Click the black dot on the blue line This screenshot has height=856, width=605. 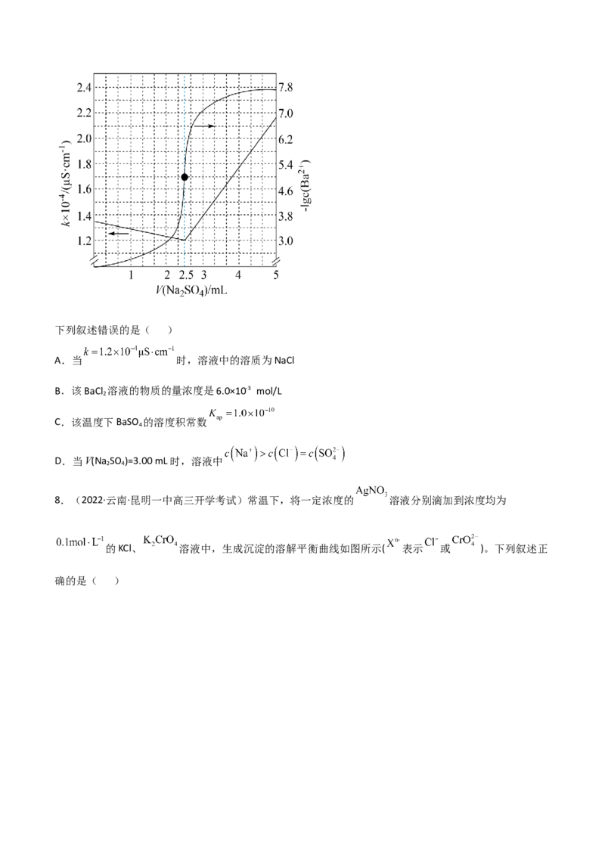(184, 176)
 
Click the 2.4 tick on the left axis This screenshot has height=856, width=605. (82, 86)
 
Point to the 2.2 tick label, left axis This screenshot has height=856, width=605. (82, 112)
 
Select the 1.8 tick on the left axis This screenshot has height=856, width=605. (82, 163)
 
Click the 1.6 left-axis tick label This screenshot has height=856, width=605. (82, 189)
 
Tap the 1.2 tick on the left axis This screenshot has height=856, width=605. (82, 240)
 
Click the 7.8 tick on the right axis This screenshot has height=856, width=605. (287, 88)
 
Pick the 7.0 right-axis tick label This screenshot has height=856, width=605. (287, 113)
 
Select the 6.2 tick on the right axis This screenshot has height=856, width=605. (287, 139)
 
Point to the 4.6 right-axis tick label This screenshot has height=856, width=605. (287, 191)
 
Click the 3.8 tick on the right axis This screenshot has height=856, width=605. (287, 216)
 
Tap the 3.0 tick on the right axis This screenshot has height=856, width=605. (287, 240)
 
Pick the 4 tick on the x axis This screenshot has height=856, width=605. (239, 274)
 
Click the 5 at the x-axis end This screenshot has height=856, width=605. (275, 274)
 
